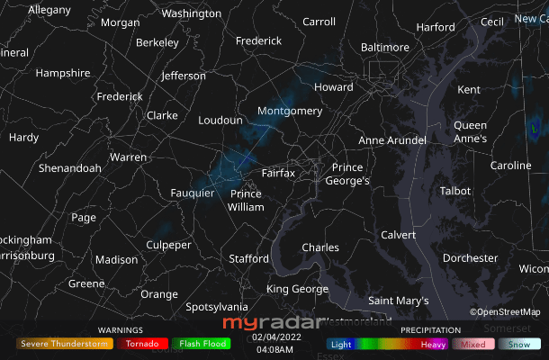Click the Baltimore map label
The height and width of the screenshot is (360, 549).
coord(384,47)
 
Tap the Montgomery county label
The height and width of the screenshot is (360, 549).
coord(289,111)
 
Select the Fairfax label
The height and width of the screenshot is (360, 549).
coord(278,173)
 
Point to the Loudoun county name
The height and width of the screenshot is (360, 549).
coord(220,120)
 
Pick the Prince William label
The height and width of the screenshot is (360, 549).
coord(246,200)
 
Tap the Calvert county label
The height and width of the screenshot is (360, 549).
coord(399,235)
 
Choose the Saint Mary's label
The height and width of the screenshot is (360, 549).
coord(399,300)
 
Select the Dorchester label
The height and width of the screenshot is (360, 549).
coord(470,258)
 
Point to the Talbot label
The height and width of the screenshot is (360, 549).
coord(454,191)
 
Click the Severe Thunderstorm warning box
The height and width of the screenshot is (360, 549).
coord(64,343)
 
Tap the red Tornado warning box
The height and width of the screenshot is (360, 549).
coord(142,343)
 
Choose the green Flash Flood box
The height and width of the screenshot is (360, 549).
coord(202,343)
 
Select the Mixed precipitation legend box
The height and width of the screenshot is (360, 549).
coord(472,344)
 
